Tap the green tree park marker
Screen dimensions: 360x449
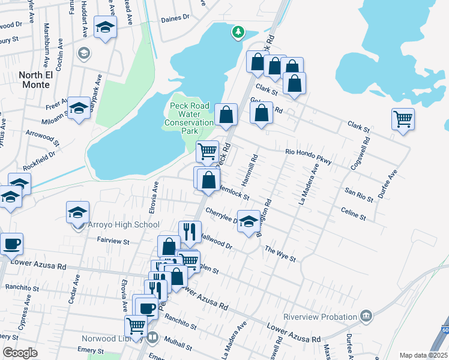coord(238,32)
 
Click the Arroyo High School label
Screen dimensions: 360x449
coord(124,225)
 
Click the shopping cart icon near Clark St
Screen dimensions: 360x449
coord(403,118)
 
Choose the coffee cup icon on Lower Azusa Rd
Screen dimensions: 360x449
coord(11,244)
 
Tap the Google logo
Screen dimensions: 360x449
coord(20,353)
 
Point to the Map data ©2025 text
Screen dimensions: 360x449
coord(424,355)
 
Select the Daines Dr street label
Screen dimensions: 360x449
coord(175,19)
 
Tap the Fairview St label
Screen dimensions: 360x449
coord(113,241)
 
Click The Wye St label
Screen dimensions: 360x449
coord(280,254)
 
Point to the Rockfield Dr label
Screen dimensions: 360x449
coord(40,157)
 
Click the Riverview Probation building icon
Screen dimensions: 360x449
coord(366,316)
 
